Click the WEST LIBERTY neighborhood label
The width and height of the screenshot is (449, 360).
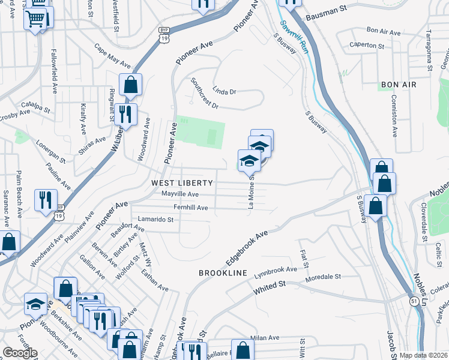[x=182, y=182]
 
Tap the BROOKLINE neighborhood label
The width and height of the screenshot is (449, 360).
[x=223, y=273]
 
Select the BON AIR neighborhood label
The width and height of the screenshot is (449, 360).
[x=397, y=85]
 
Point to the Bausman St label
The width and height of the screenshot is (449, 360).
[x=327, y=19]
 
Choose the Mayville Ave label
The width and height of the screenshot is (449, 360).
[x=179, y=194]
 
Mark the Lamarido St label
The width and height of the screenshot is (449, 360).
[x=155, y=220]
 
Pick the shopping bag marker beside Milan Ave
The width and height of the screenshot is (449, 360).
[x=242, y=350]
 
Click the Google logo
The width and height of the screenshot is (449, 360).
[x=20, y=352]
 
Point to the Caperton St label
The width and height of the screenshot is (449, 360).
[x=367, y=46]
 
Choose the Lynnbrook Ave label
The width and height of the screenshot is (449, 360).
[x=275, y=269]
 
